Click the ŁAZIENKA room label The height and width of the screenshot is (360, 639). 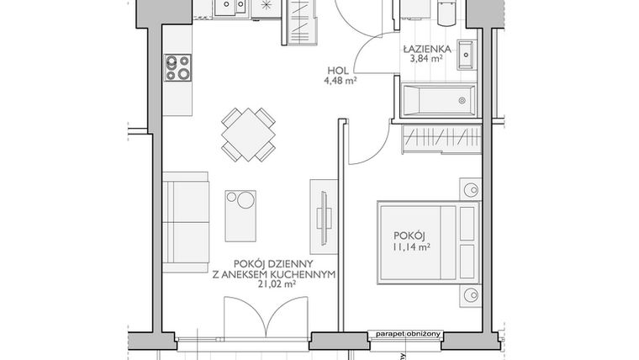pos(427,50)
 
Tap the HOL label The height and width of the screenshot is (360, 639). pos(338,71)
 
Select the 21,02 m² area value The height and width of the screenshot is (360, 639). pos(277,285)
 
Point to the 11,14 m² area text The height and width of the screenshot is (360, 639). pos(411,246)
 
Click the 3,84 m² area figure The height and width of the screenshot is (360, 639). pos(426,59)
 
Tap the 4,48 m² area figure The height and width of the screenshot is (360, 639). pos(341,80)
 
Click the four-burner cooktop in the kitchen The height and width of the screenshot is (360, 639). pos(177,67)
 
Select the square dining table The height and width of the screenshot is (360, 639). pos(248,135)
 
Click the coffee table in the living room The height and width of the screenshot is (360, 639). pos(240,216)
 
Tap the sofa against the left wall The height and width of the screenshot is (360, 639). pos(186,222)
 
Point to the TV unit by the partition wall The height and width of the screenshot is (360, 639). pos(324,217)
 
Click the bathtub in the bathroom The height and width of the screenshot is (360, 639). pos(439,100)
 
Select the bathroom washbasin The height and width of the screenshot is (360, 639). pos(467,55)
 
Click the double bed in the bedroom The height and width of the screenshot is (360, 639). pos(428,242)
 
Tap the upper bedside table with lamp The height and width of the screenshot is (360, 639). pos(471,189)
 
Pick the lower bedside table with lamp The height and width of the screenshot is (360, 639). pos(471,295)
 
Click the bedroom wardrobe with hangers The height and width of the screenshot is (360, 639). pos(441,140)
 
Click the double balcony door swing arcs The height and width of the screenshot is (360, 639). pos(266,317)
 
